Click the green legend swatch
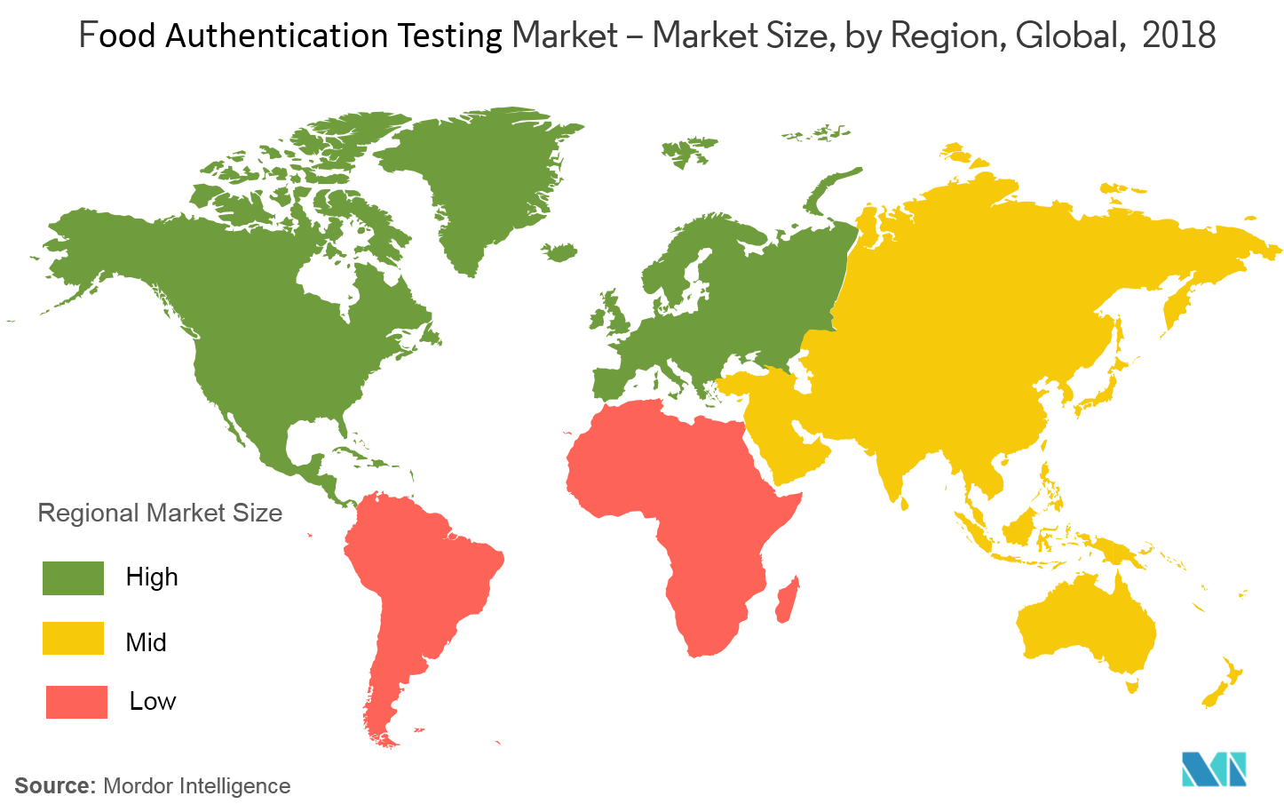[73, 577]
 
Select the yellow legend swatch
[73, 638]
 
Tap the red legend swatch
[76, 702]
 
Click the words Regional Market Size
[160, 513]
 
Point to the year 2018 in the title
[1178, 36]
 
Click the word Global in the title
[1066, 36]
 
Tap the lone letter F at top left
[87, 36]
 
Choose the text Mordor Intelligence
[197, 786]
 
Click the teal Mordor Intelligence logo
[1213, 768]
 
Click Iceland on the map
[559, 253]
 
